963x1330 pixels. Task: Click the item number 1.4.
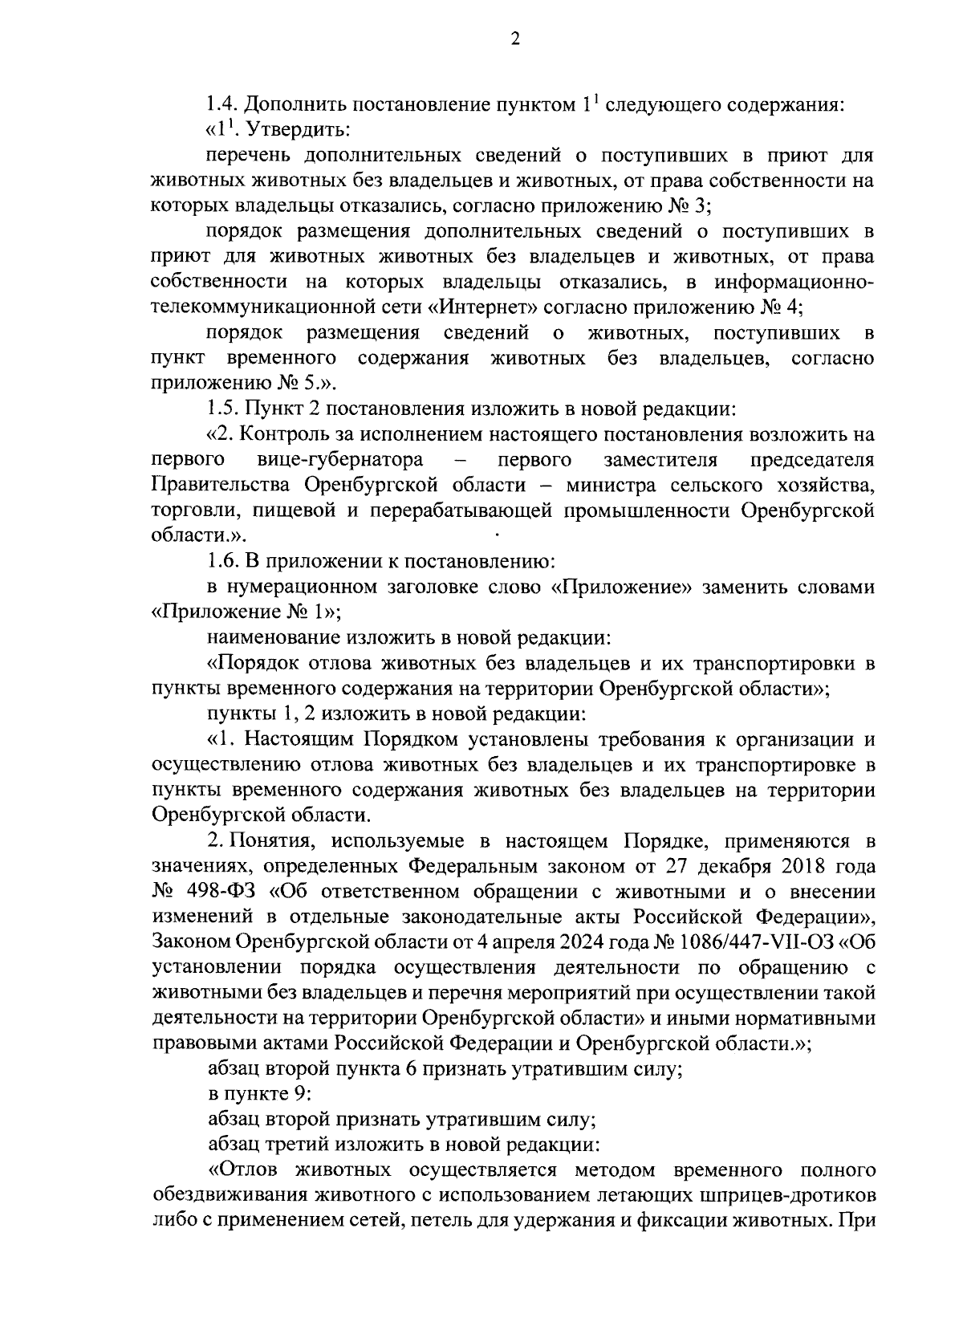pyautogui.click(x=221, y=104)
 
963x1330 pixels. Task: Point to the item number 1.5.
pyautogui.click(x=221, y=409)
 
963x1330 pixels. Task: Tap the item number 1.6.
pyautogui.click(x=221, y=562)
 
